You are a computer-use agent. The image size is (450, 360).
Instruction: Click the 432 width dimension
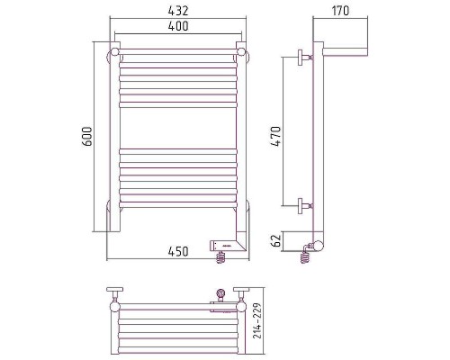pos(177,11)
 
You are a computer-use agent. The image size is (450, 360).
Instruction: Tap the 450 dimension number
pos(177,251)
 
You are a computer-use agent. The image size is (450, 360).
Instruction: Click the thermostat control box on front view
pos(223,243)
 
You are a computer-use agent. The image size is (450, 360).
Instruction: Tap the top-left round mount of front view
pos(114,56)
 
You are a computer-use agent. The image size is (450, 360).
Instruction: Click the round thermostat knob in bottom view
pos(220,292)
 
